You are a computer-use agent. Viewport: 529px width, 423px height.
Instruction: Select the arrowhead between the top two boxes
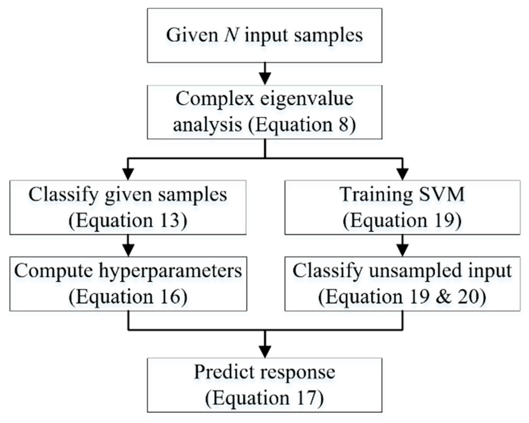265,78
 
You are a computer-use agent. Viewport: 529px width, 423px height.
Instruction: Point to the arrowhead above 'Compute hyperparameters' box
128,250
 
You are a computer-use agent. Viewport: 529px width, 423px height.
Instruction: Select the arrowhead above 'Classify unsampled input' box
403,250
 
